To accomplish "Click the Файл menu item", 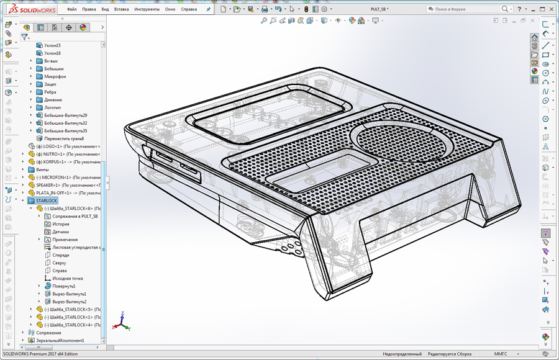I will [72, 9].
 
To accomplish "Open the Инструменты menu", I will [147, 9].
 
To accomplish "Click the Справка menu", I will [189, 9].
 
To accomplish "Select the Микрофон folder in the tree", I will [55, 76].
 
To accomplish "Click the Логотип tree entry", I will [52, 107].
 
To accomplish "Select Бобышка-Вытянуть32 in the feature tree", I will [65, 123].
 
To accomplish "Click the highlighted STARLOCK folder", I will [47, 200].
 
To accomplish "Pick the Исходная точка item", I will [68, 278].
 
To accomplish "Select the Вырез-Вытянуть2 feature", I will [69, 302].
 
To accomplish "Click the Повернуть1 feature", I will [63, 286].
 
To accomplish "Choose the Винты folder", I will [42, 169].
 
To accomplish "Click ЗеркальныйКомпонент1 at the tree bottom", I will [60, 340].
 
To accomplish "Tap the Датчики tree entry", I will [60, 232].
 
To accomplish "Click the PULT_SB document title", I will [378, 9].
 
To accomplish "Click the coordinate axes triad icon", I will [122, 322].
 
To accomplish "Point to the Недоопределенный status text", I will [402, 354].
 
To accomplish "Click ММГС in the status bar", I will [501, 354].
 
